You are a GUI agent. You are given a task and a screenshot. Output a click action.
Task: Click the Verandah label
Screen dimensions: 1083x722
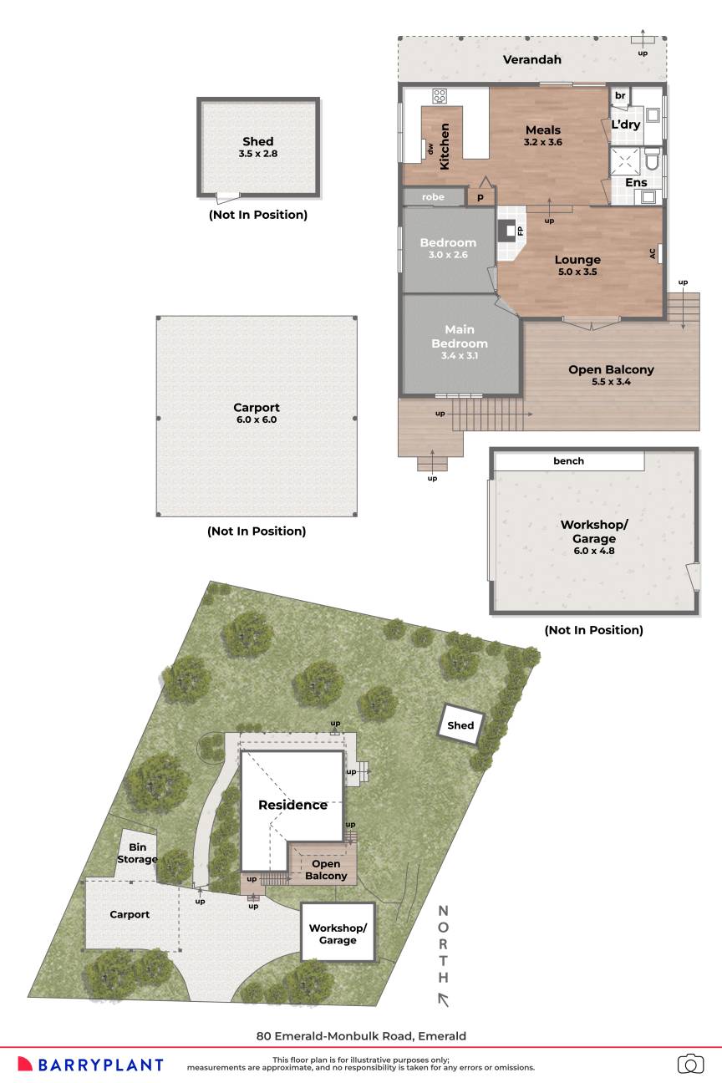(x=531, y=59)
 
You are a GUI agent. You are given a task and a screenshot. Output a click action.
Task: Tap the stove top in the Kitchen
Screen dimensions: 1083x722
(x=440, y=96)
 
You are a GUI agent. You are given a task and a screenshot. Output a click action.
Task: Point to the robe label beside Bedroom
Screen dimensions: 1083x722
(x=433, y=197)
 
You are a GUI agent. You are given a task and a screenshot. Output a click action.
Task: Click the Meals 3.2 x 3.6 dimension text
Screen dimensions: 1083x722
(x=542, y=142)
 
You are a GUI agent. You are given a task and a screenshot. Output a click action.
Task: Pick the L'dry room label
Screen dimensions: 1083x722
(x=625, y=125)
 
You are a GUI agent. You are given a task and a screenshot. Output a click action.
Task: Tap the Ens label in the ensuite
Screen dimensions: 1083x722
(x=636, y=182)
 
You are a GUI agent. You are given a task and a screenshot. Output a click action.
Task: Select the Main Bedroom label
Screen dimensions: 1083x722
(x=460, y=336)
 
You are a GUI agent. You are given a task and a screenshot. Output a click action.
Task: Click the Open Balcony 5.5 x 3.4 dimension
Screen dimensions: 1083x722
(x=611, y=382)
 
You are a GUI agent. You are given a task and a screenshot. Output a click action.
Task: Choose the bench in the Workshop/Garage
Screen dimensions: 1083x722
(x=569, y=460)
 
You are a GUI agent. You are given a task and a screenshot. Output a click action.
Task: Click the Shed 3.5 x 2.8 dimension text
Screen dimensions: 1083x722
(x=258, y=154)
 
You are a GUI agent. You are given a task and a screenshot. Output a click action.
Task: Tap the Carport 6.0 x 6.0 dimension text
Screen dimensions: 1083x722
(x=257, y=419)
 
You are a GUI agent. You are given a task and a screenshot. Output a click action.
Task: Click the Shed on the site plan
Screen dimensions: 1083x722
(x=460, y=725)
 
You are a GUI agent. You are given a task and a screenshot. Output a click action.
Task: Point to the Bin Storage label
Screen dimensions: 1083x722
(x=137, y=853)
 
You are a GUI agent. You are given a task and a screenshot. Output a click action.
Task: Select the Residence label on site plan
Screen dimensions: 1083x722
(x=292, y=805)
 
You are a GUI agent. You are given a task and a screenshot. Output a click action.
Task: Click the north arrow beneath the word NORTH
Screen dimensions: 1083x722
(x=443, y=999)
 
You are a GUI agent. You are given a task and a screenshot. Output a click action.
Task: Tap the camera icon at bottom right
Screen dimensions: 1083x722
(x=690, y=1063)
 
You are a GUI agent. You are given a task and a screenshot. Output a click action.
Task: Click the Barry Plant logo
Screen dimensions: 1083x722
(x=90, y=1064)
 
